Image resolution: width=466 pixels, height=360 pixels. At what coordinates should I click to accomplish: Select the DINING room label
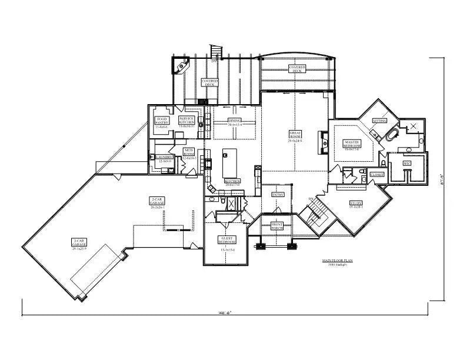tap(234, 121)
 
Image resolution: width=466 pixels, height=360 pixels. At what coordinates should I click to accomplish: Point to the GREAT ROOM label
tap(295, 135)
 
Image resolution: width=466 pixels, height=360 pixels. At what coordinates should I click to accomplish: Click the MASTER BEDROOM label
tap(352, 144)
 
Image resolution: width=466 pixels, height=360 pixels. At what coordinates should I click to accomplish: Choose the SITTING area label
tap(380, 120)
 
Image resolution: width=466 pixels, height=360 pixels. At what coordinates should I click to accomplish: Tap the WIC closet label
tap(407, 163)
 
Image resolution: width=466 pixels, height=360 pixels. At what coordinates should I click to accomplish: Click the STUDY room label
tap(357, 204)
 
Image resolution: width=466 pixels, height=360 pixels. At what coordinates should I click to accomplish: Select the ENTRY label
tap(277, 194)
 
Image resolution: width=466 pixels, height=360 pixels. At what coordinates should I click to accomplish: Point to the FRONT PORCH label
tap(277, 226)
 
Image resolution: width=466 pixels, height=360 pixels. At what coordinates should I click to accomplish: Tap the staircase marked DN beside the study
tap(318, 212)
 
